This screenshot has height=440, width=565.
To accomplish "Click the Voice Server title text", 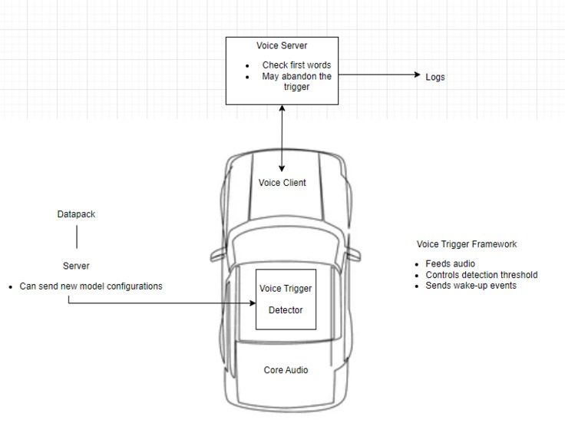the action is pyautogui.click(x=282, y=46).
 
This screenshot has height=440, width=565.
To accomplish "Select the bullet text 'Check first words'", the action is pyautogui.click(x=296, y=65).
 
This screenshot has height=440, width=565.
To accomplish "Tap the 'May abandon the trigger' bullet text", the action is pyautogui.click(x=296, y=81).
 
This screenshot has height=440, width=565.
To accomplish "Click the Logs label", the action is pyautogui.click(x=435, y=77).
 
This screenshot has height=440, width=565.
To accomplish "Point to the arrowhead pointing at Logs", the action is pyautogui.click(x=418, y=74).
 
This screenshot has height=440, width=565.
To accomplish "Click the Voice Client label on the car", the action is pyautogui.click(x=282, y=183).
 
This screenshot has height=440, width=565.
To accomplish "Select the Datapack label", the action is pyautogui.click(x=76, y=214).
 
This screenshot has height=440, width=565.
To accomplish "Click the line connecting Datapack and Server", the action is pyautogui.click(x=77, y=237).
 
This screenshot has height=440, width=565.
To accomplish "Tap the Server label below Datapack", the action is pyautogui.click(x=76, y=266).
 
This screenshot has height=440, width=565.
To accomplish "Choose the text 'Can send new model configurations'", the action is pyautogui.click(x=91, y=286).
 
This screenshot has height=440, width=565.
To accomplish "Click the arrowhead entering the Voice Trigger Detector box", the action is pyautogui.click(x=253, y=303).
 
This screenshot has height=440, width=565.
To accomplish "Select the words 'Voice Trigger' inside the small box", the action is pyautogui.click(x=286, y=289).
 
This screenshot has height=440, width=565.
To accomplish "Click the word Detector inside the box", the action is pyautogui.click(x=286, y=310).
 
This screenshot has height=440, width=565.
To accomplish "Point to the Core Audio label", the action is pyautogui.click(x=286, y=370).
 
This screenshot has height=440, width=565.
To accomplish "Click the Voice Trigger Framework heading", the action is pyautogui.click(x=467, y=244).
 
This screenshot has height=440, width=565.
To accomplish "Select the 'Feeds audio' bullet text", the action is pyautogui.click(x=450, y=264).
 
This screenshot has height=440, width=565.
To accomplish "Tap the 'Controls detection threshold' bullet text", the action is pyautogui.click(x=481, y=275).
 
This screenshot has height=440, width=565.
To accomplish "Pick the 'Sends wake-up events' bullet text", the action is pyautogui.click(x=471, y=286).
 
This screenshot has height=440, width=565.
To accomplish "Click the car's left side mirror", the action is pyautogui.click(x=218, y=254).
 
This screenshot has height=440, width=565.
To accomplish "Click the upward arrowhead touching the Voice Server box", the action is pyautogui.click(x=282, y=108).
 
